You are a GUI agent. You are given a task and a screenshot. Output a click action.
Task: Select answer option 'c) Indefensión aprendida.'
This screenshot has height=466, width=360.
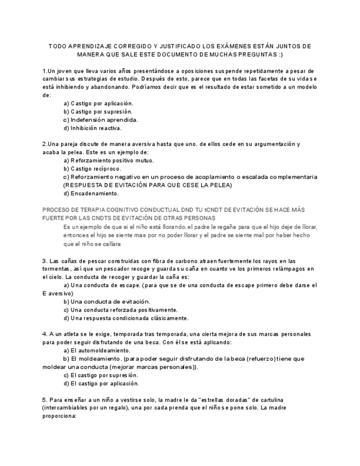(101, 119)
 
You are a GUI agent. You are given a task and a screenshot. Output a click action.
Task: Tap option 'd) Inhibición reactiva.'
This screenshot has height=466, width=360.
(92, 128)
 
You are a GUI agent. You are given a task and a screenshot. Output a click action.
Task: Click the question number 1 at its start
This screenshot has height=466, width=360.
(45, 71)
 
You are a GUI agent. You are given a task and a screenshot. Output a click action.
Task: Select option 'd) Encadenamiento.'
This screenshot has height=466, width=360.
(91, 193)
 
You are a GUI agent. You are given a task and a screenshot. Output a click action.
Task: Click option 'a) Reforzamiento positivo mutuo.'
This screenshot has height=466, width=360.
(109, 160)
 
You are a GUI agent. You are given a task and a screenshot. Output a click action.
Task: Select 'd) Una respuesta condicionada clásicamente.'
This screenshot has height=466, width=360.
(126, 318)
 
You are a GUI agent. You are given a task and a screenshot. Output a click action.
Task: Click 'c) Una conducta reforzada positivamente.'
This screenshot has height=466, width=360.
(120, 309)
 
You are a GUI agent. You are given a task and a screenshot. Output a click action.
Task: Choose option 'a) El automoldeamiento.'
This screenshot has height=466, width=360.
(97, 350)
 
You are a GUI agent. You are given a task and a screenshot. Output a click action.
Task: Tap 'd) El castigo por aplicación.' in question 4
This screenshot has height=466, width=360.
(101, 384)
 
